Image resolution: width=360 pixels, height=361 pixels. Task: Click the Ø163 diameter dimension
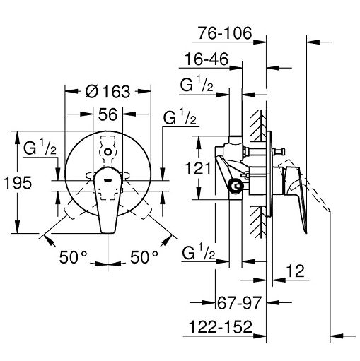point(108,91)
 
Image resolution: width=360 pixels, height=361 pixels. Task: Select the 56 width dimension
point(108,114)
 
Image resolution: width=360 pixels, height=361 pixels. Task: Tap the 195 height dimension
point(18,183)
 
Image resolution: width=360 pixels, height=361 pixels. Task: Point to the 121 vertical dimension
point(197,168)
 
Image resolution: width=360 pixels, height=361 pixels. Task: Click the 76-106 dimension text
point(225,33)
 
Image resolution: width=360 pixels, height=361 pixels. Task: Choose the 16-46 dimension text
point(207,59)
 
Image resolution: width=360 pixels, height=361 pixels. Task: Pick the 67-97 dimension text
point(239,303)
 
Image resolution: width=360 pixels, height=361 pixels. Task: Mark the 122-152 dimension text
point(221,327)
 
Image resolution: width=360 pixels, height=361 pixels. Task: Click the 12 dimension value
point(296,271)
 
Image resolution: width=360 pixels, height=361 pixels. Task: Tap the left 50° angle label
point(74,257)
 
